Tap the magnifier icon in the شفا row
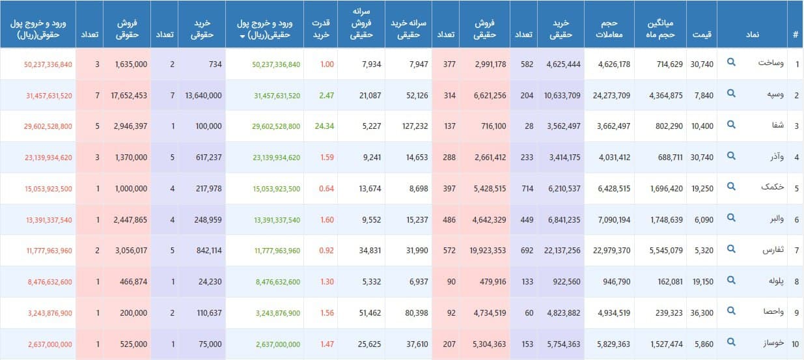coord(731,125)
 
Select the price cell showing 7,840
coord(702,95)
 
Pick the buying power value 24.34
coord(323,126)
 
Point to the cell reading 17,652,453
coord(130,95)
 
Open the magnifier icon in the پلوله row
coord(731,281)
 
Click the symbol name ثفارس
coord(766,251)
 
